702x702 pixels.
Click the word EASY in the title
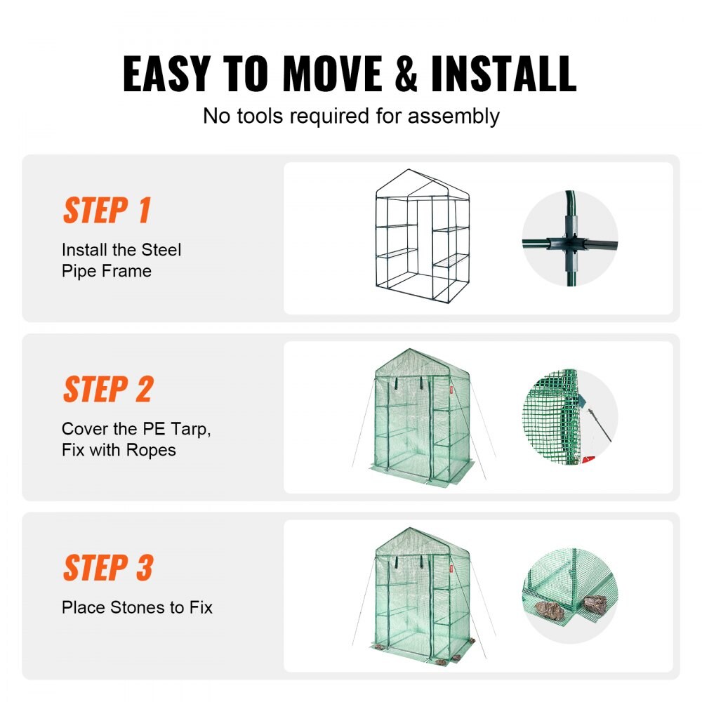166,73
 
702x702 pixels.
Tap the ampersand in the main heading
407,73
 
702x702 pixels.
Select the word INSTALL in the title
503,73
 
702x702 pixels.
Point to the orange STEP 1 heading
107,210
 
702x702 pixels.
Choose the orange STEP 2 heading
107,389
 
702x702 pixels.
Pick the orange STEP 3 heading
107,568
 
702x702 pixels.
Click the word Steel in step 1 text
161,250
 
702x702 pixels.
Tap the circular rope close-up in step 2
569,417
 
